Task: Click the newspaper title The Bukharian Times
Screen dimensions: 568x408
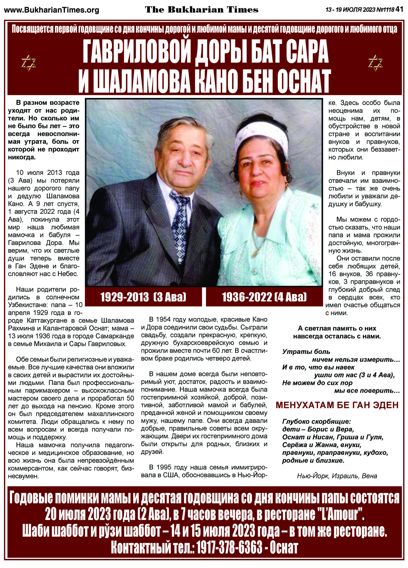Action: (x=202, y=10)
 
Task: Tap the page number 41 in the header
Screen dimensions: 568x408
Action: (x=400, y=10)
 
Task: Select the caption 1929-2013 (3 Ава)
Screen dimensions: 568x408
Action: (x=143, y=297)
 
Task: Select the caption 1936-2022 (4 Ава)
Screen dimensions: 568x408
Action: (x=264, y=297)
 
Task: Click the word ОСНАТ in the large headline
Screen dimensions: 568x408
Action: (x=302, y=81)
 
